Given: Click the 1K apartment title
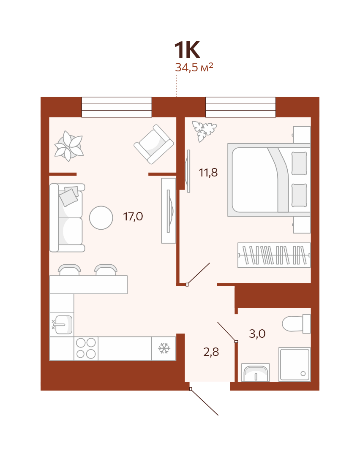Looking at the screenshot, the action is (x=187, y=50).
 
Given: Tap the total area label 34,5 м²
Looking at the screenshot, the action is (x=194, y=67).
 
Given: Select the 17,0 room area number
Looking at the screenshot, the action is (x=133, y=217).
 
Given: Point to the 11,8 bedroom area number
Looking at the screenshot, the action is (x=208, y=173).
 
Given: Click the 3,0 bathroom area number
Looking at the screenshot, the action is (x=257, y=334).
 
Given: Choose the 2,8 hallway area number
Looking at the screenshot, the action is (x=211, y=352).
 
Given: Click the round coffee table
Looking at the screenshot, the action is (x=101, y=217).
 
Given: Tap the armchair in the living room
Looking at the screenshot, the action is (x=154, y=144).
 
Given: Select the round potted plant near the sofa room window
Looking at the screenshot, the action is (x=69, y=146).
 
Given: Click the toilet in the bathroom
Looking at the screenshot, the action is (x=296, y=323).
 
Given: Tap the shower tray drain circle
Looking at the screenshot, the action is (x=303, y=374).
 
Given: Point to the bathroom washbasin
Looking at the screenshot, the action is (x=256, y=373).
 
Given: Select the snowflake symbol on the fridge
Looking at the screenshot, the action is (x=164, y=348).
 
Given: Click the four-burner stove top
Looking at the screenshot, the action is (x=86, y=348).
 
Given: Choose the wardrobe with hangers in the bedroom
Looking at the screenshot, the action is (x=274, y=255).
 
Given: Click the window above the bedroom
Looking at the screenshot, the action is (x=241, y=107).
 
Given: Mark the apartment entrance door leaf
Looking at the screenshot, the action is (x=205, y=402).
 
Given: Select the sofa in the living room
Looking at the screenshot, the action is (x=67, y=217).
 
